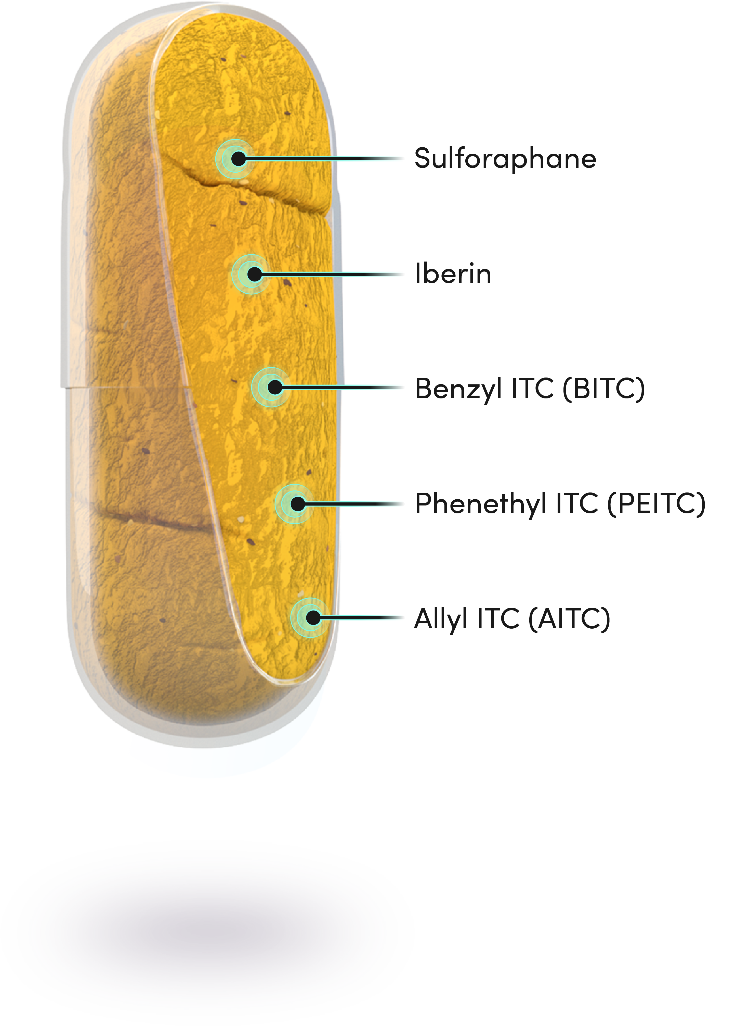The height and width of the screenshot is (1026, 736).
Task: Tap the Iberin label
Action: click(453, 274)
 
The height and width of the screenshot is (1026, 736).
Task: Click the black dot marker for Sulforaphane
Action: click(238, 159)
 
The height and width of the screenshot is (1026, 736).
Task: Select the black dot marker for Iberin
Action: click(255, 274)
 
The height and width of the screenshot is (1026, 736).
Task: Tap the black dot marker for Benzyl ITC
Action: click(274, 387)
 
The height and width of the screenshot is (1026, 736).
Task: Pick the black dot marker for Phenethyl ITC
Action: click(298, 503)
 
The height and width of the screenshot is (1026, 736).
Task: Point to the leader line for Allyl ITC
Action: click(362, 617)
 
